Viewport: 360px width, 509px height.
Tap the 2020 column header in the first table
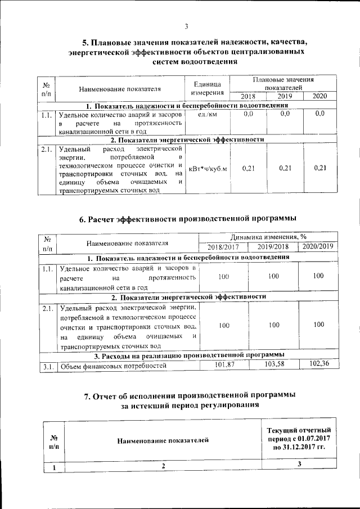(x=319, y=96)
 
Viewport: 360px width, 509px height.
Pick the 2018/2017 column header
(x=224, y=247)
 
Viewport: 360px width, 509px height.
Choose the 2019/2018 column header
(x=273, y=247)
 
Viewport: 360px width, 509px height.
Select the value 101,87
(x=224, y=366)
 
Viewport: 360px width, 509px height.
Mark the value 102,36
(x=318, y=365)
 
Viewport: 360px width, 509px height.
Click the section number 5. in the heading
(x=85, y=43)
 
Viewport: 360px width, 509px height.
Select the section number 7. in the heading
(x=88, y=396)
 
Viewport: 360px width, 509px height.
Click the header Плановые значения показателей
(x=283, y=84)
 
